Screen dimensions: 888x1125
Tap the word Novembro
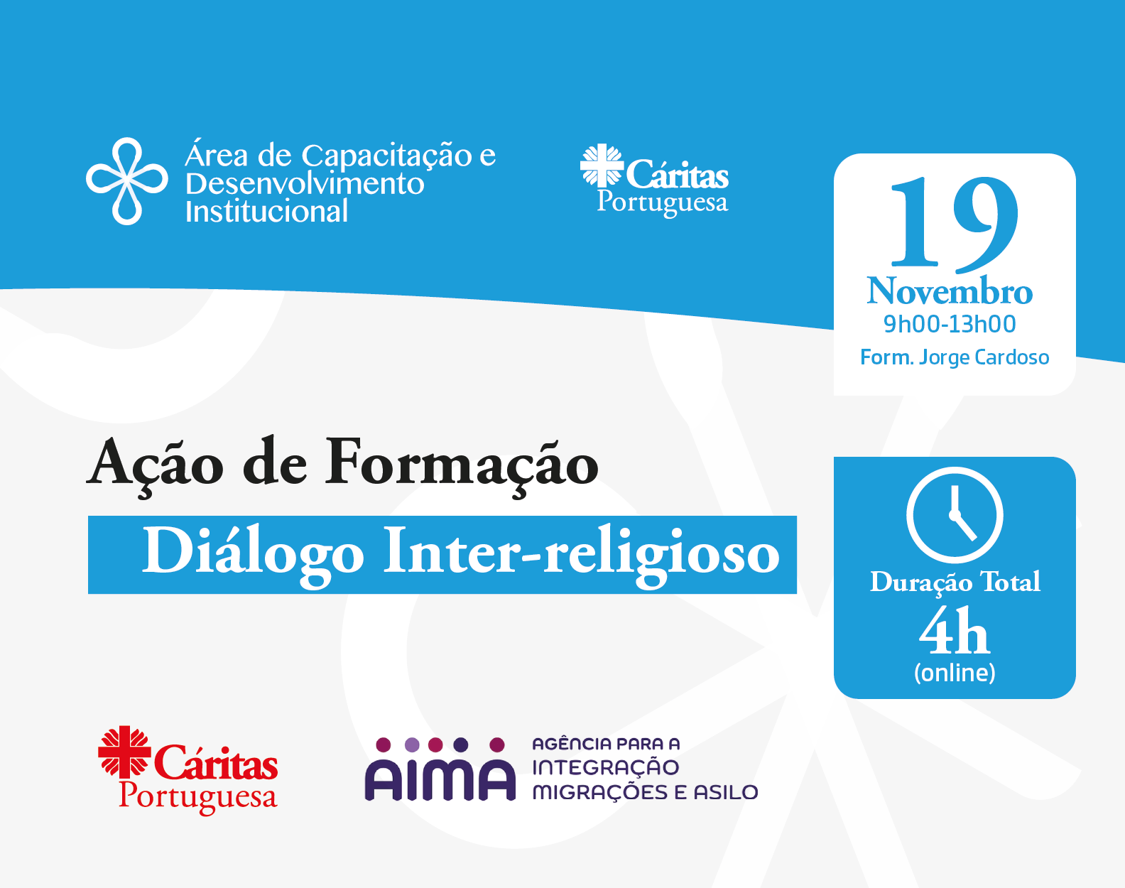[950, 291]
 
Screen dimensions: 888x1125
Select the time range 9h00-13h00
[950, 324]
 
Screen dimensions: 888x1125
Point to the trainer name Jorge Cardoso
[984, 357]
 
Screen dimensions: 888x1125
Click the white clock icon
[955, 515]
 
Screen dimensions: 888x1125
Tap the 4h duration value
[954, 632]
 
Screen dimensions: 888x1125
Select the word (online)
[955, 672]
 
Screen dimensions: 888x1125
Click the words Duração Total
[955, 582]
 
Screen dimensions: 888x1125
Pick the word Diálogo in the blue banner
[253, 553]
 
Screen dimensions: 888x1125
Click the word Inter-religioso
[581, 553]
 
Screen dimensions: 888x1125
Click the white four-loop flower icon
[127, 181]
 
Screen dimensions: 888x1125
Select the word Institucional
[266, 212]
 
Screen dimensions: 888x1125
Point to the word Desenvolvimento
[305, 183]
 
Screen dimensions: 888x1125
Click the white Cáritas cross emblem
[601, 165]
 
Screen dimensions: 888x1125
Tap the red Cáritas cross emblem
[124, 752]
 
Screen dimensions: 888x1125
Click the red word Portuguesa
[197, 796]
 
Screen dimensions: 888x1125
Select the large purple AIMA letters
[440, 779]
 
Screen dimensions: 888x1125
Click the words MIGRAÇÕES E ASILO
[645, 792]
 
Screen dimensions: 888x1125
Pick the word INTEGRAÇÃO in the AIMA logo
[605, 767]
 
